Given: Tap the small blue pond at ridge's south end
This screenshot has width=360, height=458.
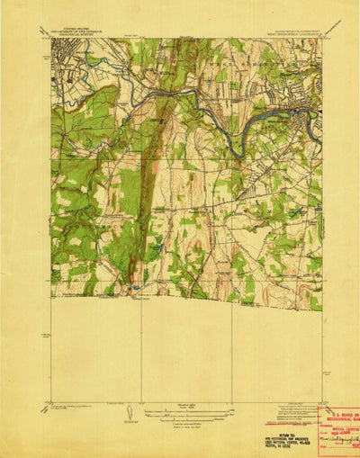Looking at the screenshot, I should (x=134, y=288).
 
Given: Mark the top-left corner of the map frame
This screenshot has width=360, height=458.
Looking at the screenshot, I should (x=51, y=38).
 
